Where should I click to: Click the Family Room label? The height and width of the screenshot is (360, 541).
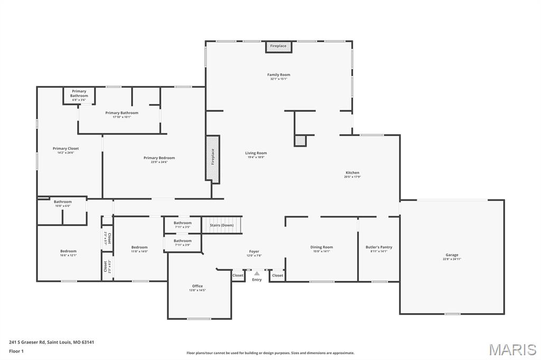tap(278, 75)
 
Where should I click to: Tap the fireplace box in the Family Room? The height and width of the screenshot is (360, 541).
tap(278, 46)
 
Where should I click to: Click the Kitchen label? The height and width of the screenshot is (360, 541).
tap(352, 173)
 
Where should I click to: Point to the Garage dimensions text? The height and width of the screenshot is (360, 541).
tap(452, 259)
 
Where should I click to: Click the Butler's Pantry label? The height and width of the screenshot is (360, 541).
tap(379, 247)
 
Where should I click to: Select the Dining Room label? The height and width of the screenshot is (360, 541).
tap(321, 247)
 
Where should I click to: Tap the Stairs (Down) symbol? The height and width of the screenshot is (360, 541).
tap(222, 225)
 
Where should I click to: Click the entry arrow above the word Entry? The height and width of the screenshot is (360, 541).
tap(257, 273)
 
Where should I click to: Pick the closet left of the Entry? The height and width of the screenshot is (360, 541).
tap(238, 275)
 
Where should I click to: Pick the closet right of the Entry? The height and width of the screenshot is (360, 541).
tap(277, 275)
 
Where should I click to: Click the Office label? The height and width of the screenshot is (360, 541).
tap(197, 286)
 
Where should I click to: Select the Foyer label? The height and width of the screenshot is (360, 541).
tap(254, 251)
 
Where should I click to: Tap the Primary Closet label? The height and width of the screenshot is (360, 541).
tap(66, 149)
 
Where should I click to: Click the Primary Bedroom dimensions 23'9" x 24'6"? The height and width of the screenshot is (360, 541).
tap(159, 162)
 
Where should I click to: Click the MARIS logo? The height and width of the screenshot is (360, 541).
tap(512, 349)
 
